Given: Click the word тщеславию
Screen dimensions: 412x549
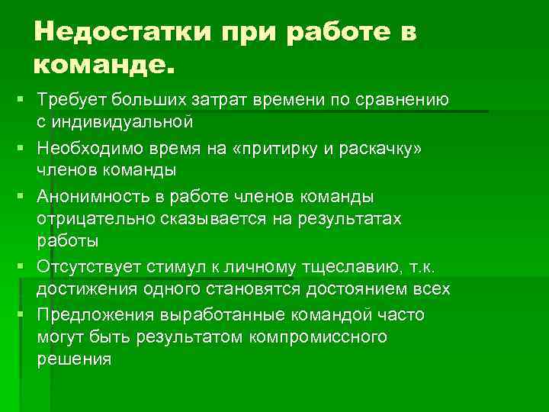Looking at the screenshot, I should tap(337, 268).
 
